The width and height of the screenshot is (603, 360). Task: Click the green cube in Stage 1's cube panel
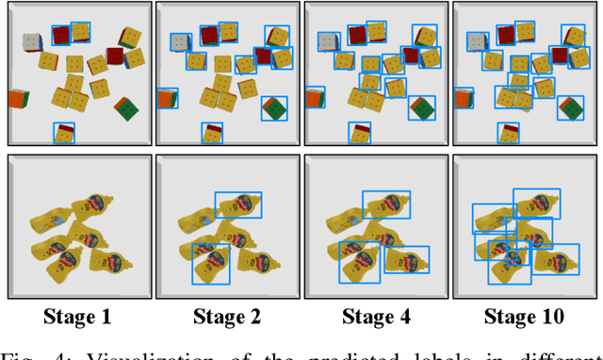click(124, 108)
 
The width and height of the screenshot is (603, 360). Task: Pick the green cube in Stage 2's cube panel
click(273, 108)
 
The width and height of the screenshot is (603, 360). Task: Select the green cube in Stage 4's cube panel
click(422, 108)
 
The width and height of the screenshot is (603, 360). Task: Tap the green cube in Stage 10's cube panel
click(570, 108)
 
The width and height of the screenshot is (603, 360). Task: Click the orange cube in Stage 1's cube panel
click(17, 98)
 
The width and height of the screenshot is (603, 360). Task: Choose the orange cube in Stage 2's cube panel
click(165, 98)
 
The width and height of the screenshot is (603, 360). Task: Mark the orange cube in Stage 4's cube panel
click(314, 98)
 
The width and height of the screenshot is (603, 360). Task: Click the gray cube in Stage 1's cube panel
click(31, 43)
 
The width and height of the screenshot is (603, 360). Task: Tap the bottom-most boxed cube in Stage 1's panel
click(62, 133)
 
